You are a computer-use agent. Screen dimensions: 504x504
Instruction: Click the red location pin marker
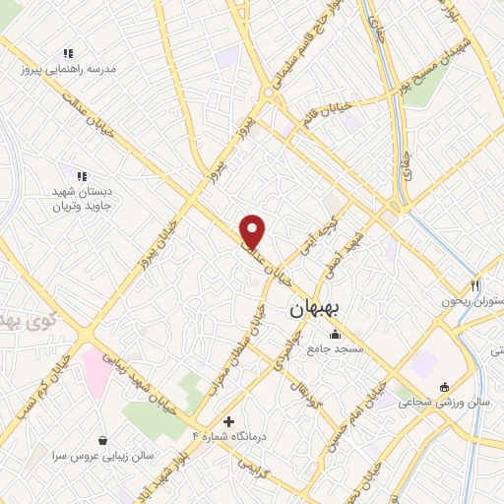253,231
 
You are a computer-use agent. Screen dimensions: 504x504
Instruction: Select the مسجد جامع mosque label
336,349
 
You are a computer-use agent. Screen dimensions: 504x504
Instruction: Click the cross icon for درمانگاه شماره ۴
229,421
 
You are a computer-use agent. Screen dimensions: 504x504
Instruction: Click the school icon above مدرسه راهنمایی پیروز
67,53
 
